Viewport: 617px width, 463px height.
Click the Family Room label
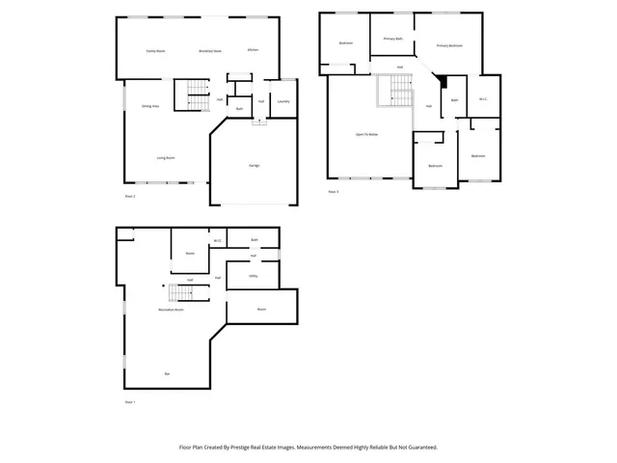coord(155,50)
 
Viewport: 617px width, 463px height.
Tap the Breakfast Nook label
coord(210,50)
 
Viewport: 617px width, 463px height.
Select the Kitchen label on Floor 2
coord(253,50)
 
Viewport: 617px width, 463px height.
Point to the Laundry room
coord(283,101)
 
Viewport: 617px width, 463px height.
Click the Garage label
coord(255,166)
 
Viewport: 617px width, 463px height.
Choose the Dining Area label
coord(149,106)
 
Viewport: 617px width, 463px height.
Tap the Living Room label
coord(166,157)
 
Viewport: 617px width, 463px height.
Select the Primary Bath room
coord(392,39)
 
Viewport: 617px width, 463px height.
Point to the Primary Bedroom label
coord(449,45)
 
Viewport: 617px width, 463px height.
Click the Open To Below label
coord(366,134)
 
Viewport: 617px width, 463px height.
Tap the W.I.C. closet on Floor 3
coord(484,99)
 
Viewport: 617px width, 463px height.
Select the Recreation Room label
coord(172,310)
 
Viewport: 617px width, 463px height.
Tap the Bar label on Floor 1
coord(167,373)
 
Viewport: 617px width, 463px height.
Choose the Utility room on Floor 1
coord(253,276)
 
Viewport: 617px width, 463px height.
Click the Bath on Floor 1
coord(255,239)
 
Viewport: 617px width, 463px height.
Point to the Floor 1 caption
coord(130,400)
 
